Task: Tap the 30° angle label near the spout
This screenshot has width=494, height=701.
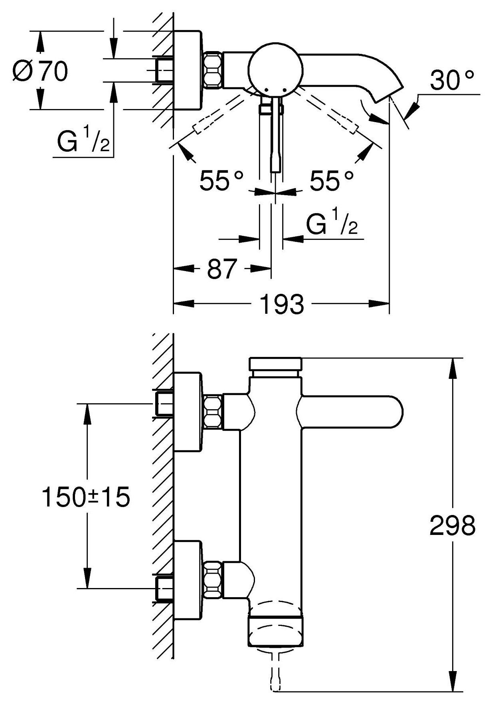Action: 452,80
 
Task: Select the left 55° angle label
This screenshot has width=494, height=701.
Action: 221,181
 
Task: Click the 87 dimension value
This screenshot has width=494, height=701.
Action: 222,269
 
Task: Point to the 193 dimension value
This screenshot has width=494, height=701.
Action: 282,304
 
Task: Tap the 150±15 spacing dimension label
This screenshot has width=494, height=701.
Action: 86,497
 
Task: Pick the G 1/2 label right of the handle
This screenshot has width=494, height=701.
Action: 331,224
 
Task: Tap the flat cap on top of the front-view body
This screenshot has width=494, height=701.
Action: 275,364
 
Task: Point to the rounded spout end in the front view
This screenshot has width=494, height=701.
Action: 393,412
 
